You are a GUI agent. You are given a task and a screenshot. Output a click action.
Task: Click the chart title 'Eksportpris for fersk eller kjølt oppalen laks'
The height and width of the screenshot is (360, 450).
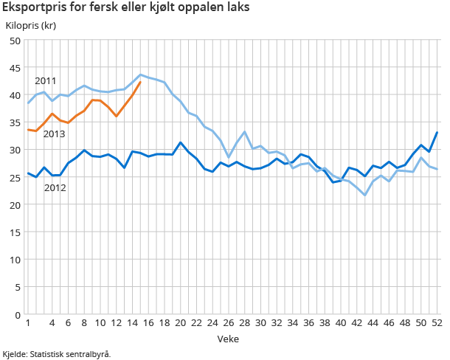pyautogui.click(x=126, y=9)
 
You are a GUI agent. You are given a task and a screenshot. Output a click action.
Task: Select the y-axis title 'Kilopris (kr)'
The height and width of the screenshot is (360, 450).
pyautogui.click(x=30, y=26)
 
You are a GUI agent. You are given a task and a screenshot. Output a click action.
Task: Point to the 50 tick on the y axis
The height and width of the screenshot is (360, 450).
pyautogui.click(x=15, y=41)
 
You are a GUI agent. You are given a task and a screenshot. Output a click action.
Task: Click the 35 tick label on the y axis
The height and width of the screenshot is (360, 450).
pyautogui.click(x=15, y=122)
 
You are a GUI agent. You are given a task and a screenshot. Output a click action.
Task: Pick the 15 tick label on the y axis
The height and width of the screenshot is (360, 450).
pyautogui.click(x=15, y=232)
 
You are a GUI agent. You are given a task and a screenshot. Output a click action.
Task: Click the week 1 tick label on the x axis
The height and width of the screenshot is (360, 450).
pyautogui.click(x=28, y=323)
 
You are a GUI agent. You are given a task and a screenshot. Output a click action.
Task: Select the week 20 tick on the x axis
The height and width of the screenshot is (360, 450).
pyautogui.click(x=181, y=323)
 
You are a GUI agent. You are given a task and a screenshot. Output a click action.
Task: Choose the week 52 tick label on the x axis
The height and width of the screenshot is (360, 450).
pyautogui.click(x=437, y=323)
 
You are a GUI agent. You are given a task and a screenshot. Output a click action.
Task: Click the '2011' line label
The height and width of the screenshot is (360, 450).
pyautogui.click(x=46, y=80)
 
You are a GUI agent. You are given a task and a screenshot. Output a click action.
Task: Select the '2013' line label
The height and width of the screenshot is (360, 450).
pyautogui.click(x=54, y=134)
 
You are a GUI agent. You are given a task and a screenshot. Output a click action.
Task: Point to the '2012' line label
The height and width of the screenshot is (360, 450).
pyautogui.click(x=55, y=187)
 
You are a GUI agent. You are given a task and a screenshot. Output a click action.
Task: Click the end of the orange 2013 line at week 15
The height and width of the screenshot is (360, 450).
pyautogui.click(x=140, y=82)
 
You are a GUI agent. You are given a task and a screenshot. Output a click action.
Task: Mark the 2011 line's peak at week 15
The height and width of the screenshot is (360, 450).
pyautogui.click(x=140, y=75)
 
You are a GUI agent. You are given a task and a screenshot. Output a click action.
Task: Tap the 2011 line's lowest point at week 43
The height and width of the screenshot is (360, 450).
pyautogui.click(x=365, y=195)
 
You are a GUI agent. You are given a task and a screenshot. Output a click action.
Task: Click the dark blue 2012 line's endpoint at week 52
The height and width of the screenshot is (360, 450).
pyautogui.click(x=437, y=133)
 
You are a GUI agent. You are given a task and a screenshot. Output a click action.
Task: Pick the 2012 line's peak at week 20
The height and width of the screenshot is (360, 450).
pyautogui.click(x=181, y=142)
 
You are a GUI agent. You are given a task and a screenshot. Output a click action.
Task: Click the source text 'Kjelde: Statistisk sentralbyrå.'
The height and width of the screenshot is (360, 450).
pyautogui.click(x=57, y=354)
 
